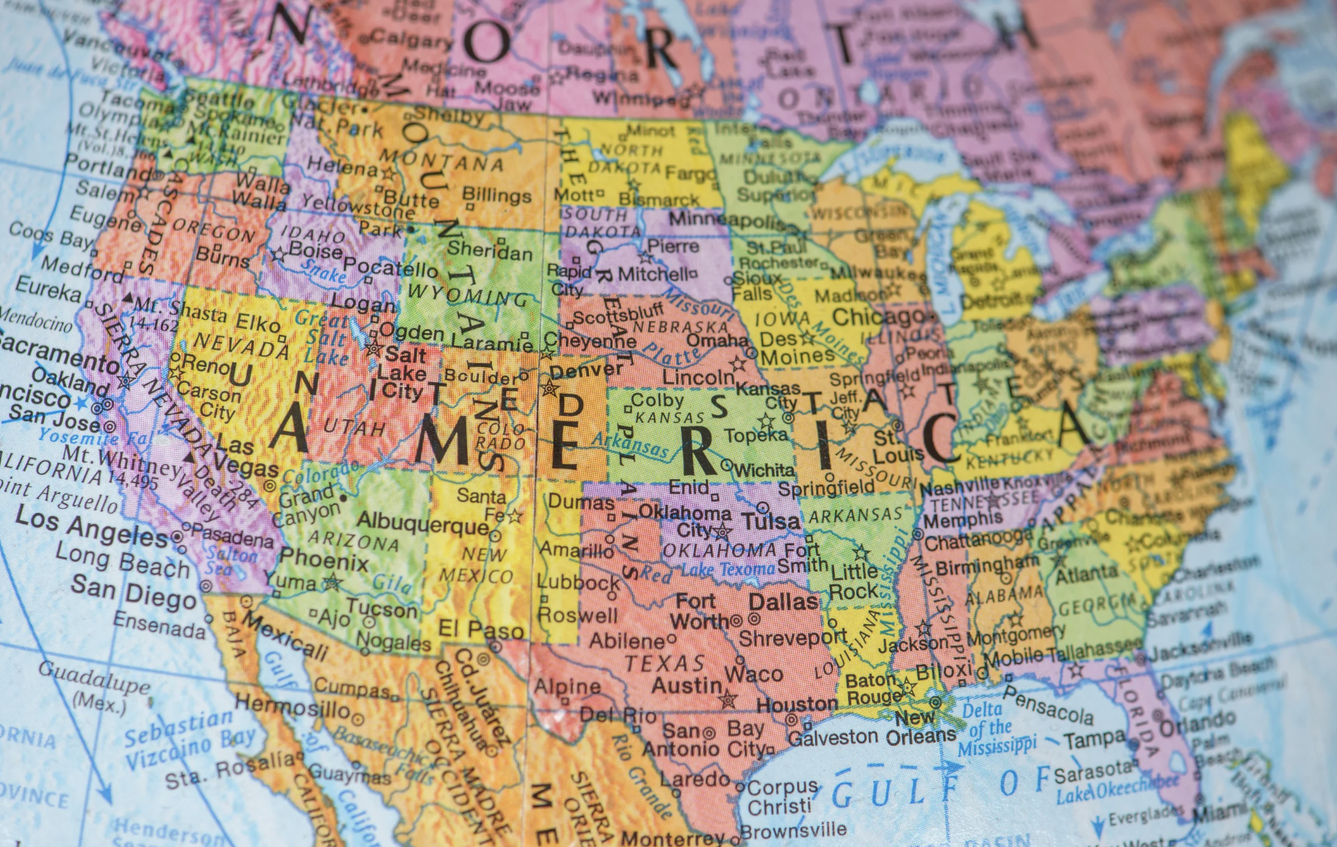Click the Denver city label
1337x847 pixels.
pos(586,370)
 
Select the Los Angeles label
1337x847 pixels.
pos(91,526)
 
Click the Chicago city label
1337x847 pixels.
pos(878,317)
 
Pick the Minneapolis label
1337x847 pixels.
pos(727,220)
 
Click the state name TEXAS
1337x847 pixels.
pos(664,663)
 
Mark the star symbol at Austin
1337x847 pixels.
pos(728,699)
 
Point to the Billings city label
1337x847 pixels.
pos(496,196)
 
